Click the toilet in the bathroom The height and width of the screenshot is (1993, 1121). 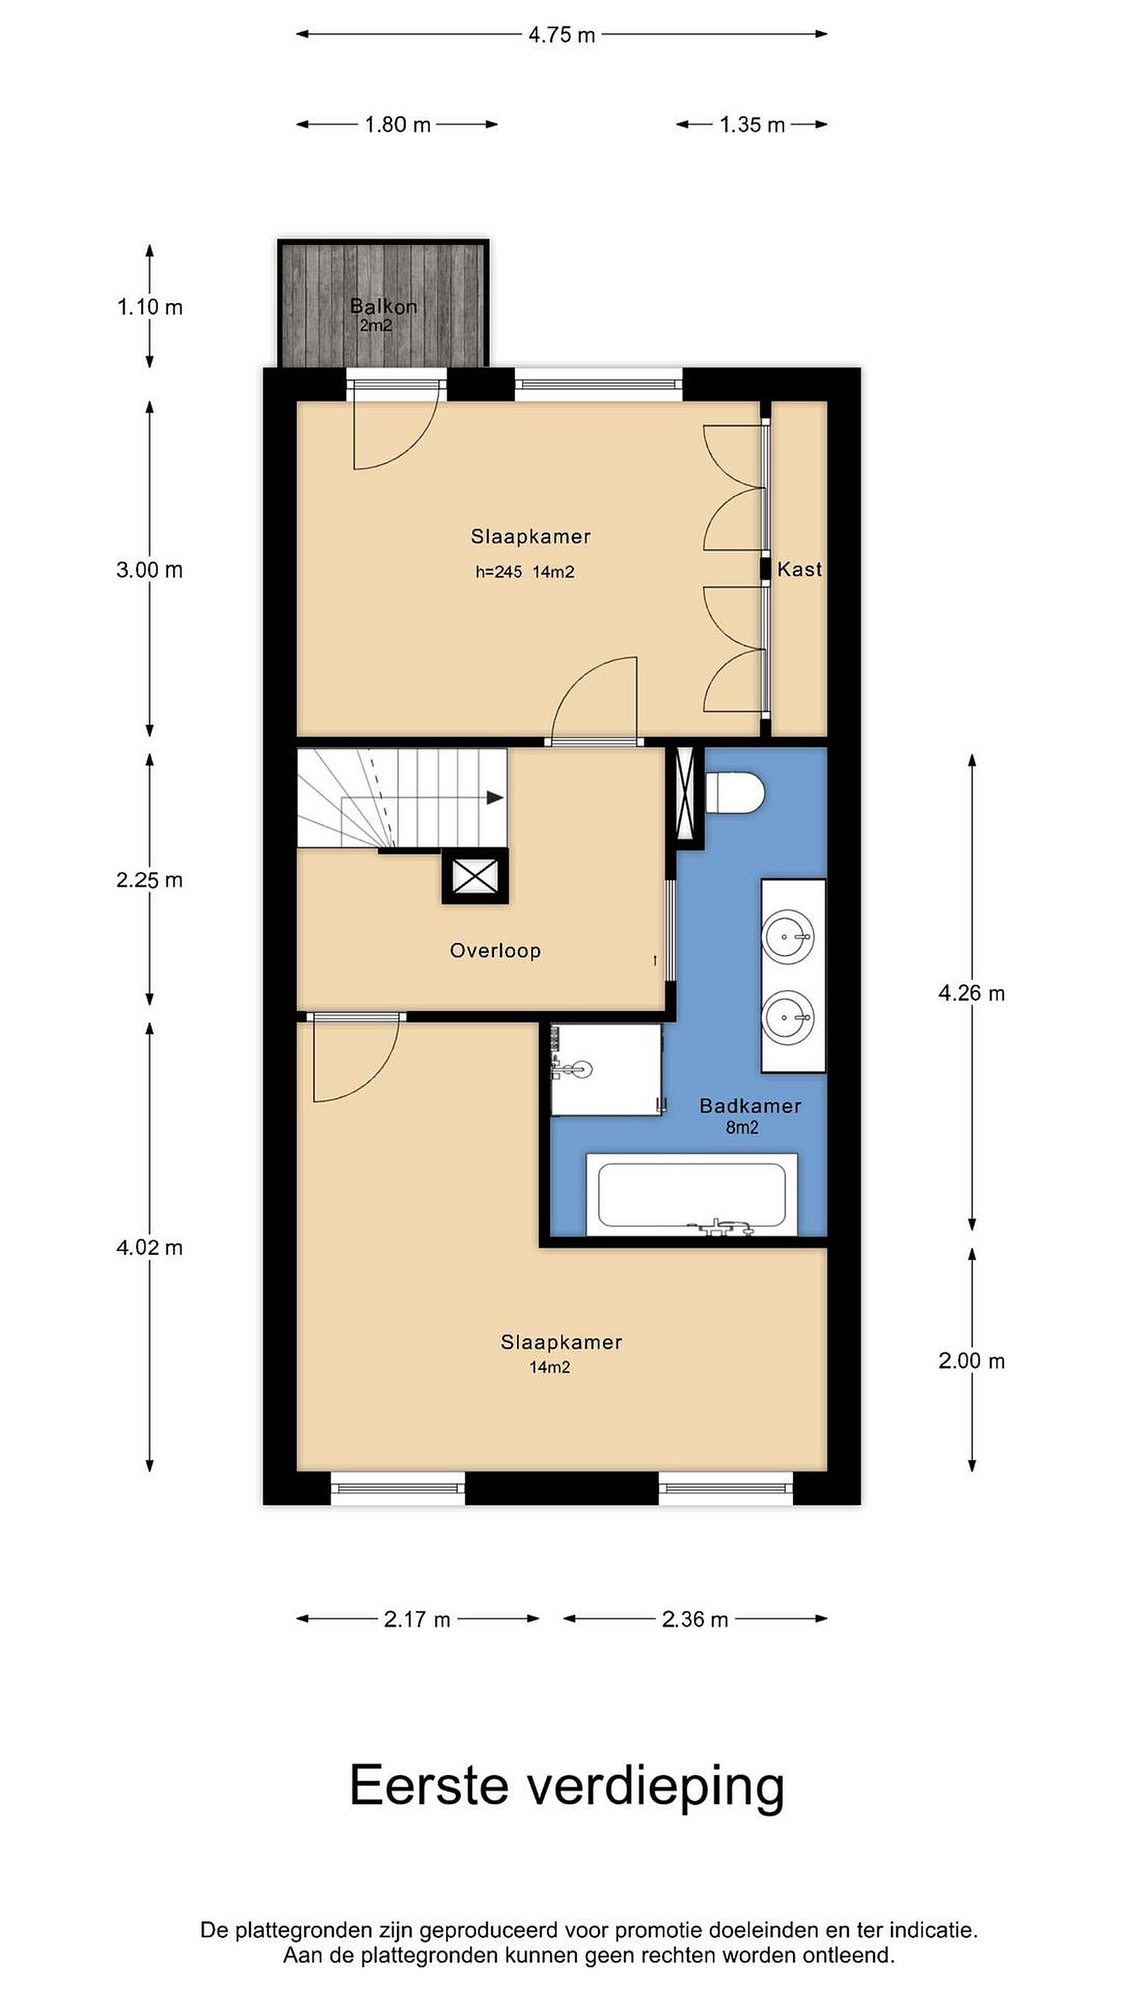(735, 792)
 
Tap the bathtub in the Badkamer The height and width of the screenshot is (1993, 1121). (692, 1194)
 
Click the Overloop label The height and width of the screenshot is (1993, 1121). (495, 950)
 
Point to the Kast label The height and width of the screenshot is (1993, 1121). (799, 570)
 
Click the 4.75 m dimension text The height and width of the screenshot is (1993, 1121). (562, 35)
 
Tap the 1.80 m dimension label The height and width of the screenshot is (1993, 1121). (398, 125)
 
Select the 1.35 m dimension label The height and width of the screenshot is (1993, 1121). (752, 125)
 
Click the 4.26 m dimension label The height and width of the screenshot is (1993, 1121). (972, 994)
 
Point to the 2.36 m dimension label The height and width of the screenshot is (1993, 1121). (695, 1619)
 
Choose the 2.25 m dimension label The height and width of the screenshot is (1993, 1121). (149, 880)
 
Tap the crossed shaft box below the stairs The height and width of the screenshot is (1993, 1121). (475, 877)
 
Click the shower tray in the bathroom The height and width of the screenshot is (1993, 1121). (605, 1070)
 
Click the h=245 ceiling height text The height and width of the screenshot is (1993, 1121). (499, 572)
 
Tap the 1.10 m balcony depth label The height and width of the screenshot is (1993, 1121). (149, 307)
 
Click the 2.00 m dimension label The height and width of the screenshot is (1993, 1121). (972, 1361)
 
